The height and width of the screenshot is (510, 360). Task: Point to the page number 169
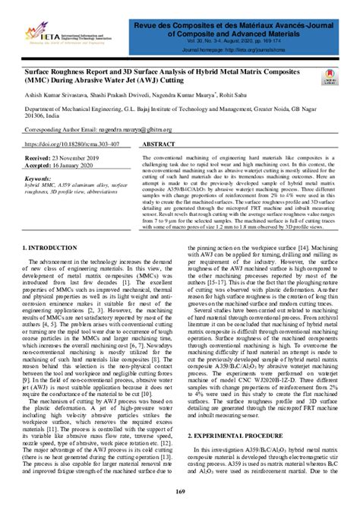click(181, 496)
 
